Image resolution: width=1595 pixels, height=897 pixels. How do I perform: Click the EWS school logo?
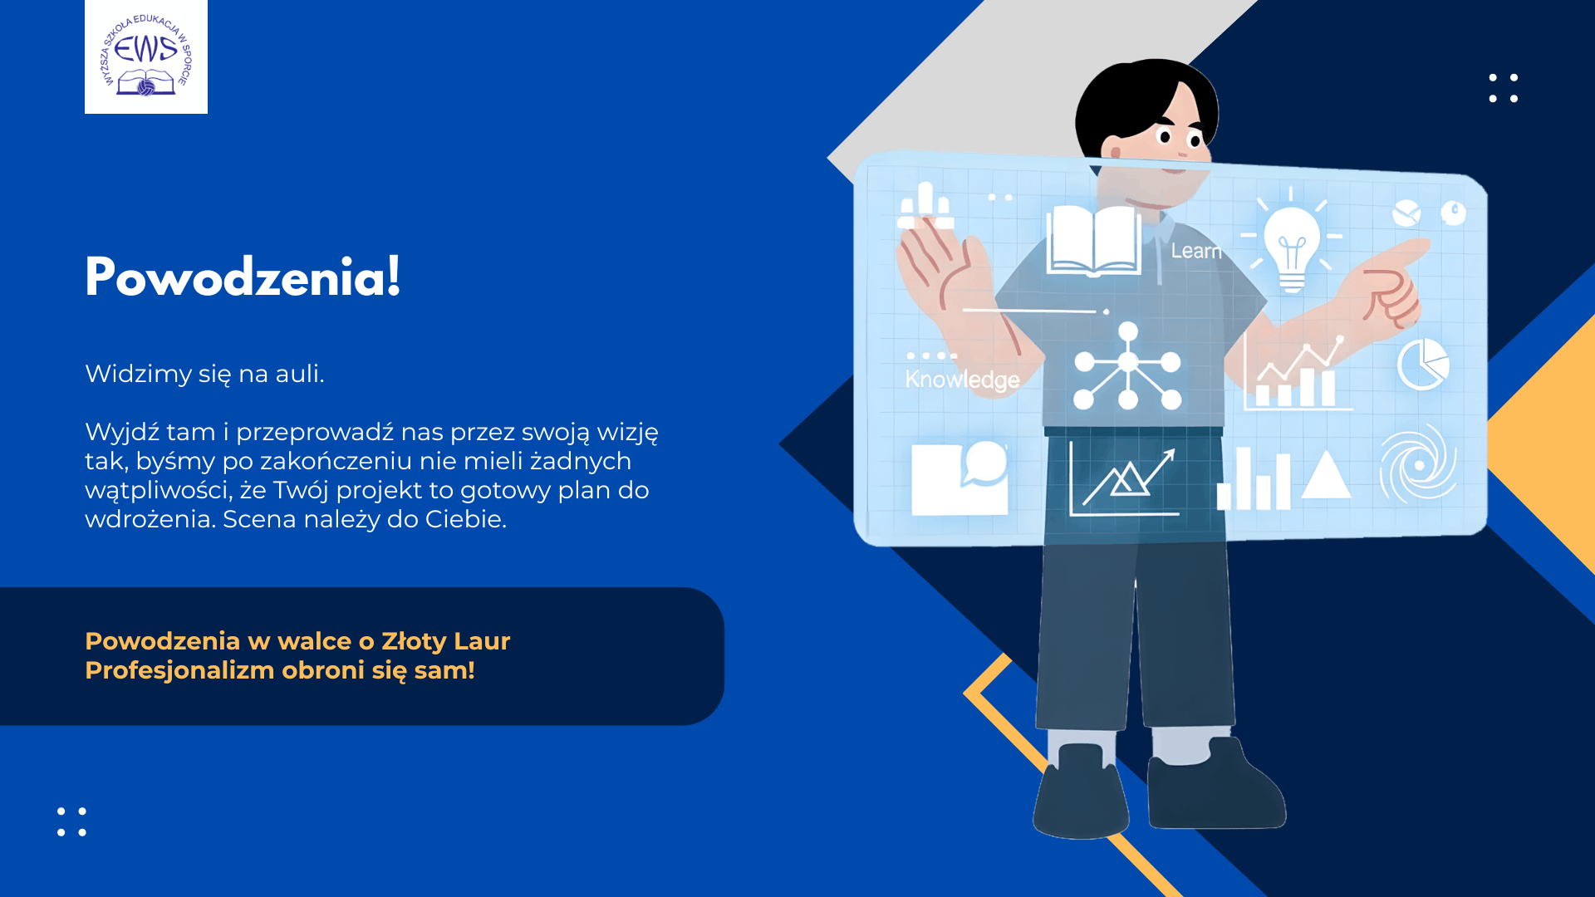(x=146, y=56)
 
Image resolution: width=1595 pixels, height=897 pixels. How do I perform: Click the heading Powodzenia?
(x=243, y=277)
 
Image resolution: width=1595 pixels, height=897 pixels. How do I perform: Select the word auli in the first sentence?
(x=299, y=374)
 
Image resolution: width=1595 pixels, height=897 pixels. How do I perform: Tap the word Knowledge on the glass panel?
(x=962, y=380)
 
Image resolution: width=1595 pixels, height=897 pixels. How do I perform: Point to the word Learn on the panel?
(x=1196, y=251)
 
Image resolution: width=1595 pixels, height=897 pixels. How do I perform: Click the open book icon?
(x=1094, y=241)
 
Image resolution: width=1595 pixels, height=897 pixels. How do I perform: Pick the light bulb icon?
(x=1292, y=241)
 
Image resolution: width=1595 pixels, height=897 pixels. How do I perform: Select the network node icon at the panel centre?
(x=1127, y=365)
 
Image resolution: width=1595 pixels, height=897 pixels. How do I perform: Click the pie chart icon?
(x=1423, y=364)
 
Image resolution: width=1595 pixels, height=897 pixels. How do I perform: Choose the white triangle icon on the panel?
(x=1326, y=474)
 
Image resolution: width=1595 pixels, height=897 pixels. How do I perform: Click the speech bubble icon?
(x=984, y=463)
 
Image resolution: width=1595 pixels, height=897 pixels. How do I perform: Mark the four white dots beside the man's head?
(x=1504, y=88)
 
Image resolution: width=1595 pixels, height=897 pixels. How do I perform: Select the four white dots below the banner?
(x=71, y=821)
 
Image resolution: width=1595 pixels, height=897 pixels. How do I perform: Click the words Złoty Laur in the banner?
(x=445, y=641)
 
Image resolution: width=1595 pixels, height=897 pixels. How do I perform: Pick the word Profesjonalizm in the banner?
(x=179, y=670)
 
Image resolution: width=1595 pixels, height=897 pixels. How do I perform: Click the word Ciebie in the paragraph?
(x=465, y=519)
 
